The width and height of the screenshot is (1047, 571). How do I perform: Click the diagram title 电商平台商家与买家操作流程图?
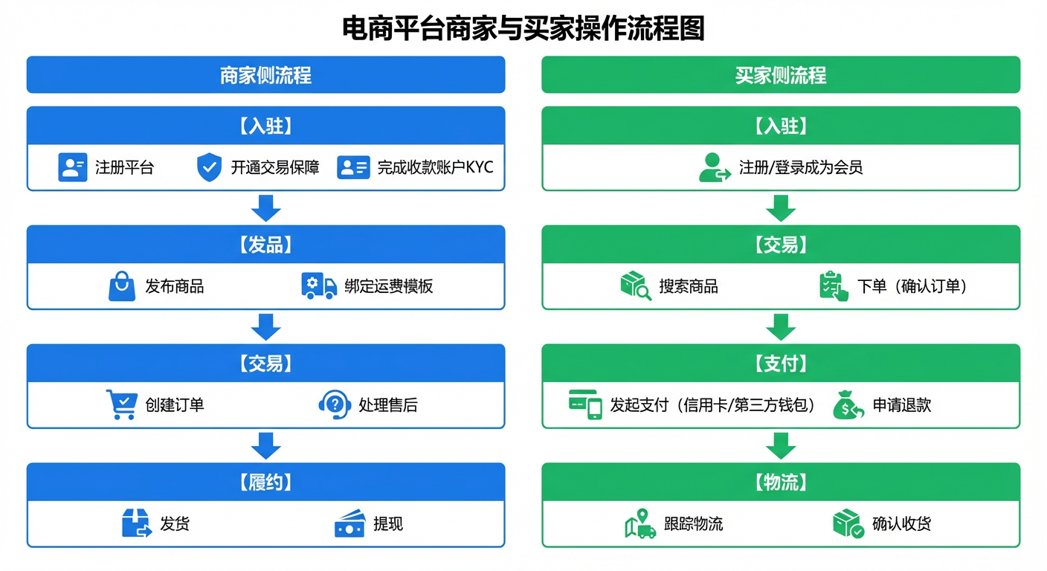point(523,28)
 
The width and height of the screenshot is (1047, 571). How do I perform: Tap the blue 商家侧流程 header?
point(266,75)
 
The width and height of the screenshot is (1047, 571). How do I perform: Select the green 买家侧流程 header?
point(781,75)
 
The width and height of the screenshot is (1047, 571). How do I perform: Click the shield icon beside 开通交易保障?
point(209,167)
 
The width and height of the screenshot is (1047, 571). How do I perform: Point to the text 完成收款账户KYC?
point(435,167)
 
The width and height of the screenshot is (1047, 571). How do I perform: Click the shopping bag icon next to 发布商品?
point(122,286)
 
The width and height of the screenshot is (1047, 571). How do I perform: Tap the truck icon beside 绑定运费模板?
point(319,286)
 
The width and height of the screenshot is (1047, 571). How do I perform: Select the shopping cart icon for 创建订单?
point(121,404)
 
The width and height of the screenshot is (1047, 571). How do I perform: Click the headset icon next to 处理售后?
point(335,404)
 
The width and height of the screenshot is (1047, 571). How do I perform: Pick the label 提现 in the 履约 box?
point(388,524)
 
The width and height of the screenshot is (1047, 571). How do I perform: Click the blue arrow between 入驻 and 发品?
point(266,208)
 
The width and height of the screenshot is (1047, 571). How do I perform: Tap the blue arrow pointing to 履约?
point(266,446)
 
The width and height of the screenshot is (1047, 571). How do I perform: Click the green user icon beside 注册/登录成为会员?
point(715,167)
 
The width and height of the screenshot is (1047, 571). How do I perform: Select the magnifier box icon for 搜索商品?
point(636,285)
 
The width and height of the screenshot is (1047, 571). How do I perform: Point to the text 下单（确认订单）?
point(912,286)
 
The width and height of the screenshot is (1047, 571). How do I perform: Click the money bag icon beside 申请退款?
point(848,404)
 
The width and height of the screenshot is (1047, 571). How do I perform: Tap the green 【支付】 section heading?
point(781,363)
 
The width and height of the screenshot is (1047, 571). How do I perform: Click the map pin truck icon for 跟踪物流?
point(640,523)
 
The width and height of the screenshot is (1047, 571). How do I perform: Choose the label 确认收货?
point(902,524)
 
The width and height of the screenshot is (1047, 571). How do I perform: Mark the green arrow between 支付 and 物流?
point(781,446)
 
